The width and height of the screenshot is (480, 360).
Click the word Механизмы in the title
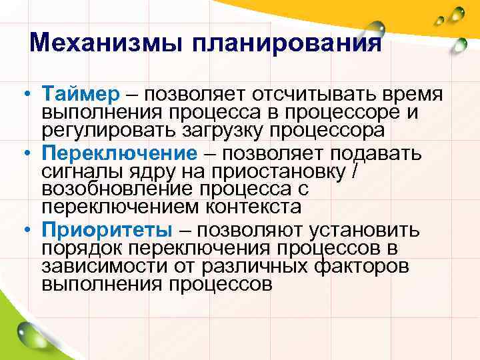click(x=107, y=44)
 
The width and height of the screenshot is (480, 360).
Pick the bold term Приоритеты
click(x=106, y=231)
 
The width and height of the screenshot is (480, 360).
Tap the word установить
click(x=363, y=231)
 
